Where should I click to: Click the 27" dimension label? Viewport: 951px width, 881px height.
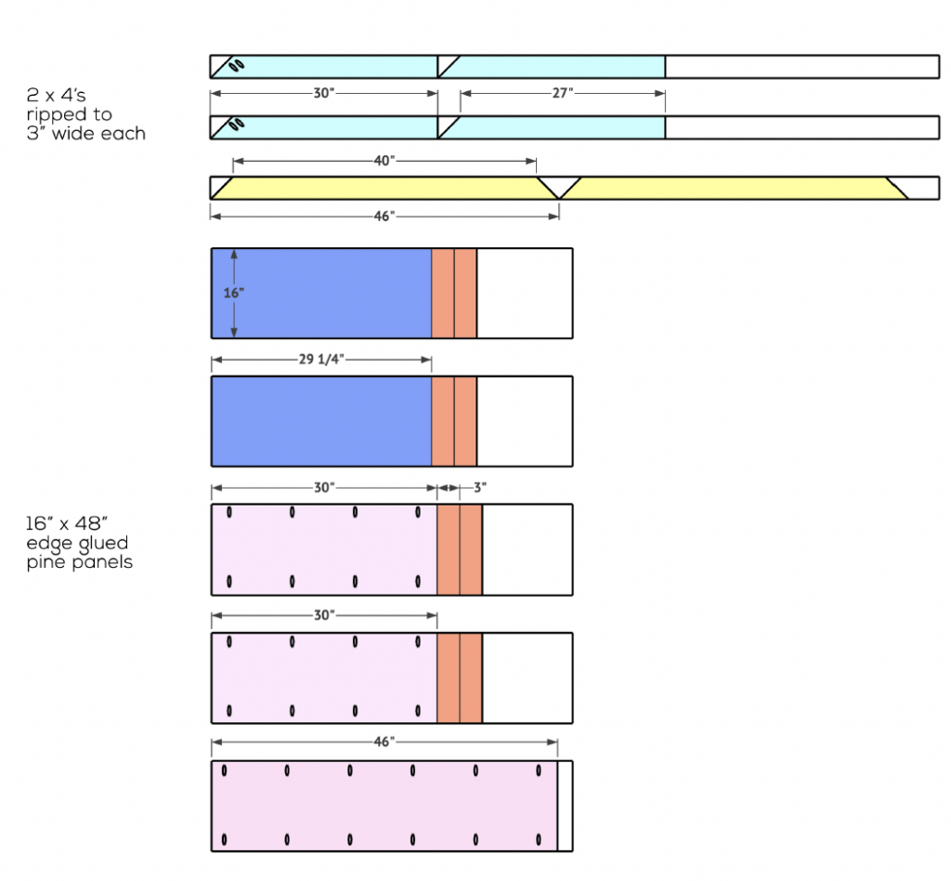[564, 93]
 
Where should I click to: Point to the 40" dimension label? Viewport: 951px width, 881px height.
[384, 160]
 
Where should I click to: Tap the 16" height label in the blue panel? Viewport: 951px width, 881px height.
[234, 293]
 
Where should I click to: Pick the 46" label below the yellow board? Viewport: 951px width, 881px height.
[384, 216]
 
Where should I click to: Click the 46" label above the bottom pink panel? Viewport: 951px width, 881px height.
[384, 741]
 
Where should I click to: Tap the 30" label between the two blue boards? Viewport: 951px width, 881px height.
[323, 93]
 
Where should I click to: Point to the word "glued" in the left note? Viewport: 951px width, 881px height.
[101, 544]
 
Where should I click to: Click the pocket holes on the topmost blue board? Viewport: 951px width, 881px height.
[237, 66]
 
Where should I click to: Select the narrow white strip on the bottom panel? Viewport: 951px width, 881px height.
[565, 806]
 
